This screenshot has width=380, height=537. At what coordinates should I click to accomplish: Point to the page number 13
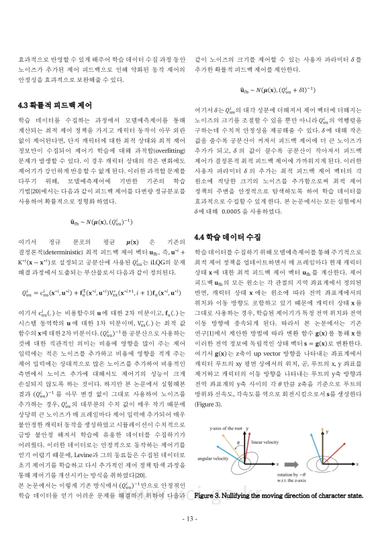tap(189, 519)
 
